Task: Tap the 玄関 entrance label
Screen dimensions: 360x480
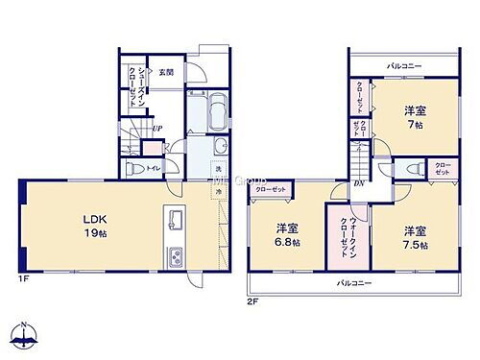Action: click(166, 73)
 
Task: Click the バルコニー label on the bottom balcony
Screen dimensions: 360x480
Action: click(354, 284)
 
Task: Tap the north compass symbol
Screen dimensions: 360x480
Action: click(25, 337)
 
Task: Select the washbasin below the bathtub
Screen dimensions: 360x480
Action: click(221, 146)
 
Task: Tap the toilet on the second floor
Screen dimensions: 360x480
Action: click(414, 170)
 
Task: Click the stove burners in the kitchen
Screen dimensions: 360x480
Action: click(176, 256)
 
